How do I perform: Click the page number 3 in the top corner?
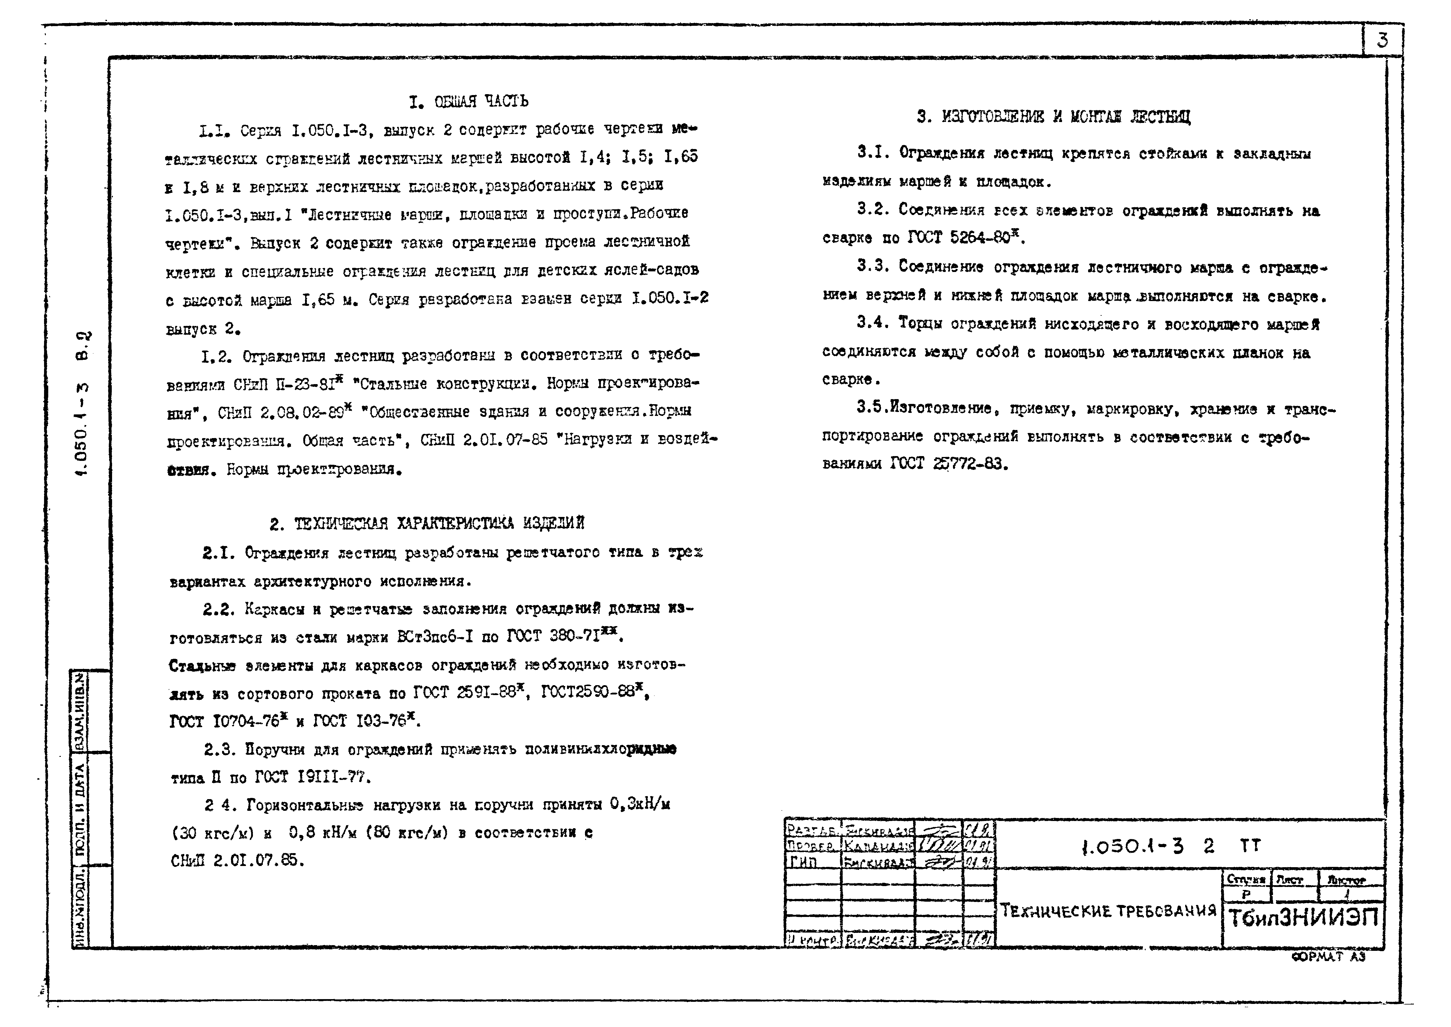[x=1382, y=40]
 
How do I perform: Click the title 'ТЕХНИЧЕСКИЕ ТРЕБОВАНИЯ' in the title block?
[x=1108, y=911]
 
